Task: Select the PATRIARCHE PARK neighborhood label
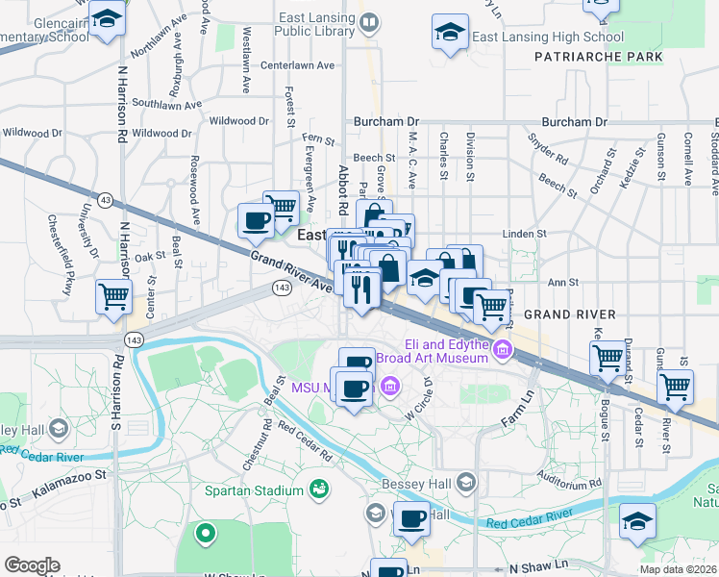pyautogui.click(x=598, y=57)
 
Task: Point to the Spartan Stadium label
pyautogui.click(x=254, y=491)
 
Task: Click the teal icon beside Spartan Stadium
pyautogui.click(x=318, y=491)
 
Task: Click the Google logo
pyautogui.click(x=32, y=565)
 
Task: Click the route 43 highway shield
pyautogui.click(x=105, y=199)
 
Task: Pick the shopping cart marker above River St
pyautogui.click(x=675, y=386)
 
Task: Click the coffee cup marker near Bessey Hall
pyautogui.click(x=411, y=519)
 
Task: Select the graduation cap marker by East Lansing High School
pyautogui.click(x=450, y=31)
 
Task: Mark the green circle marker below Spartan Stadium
pyautogui.click(x=204, y=531)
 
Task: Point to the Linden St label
pyautogui.click(x=525, y=233)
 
